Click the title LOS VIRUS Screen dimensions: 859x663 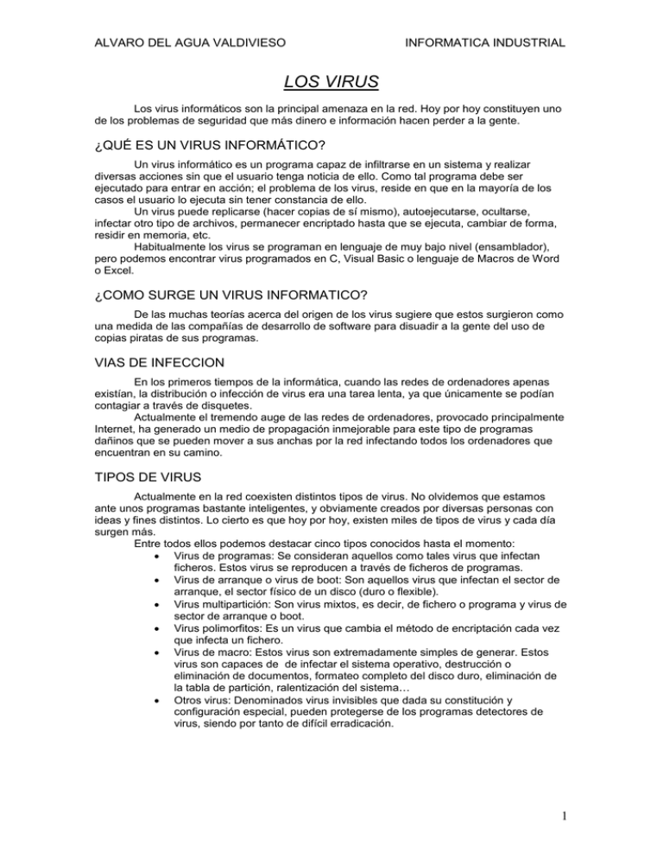pos(331,86)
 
